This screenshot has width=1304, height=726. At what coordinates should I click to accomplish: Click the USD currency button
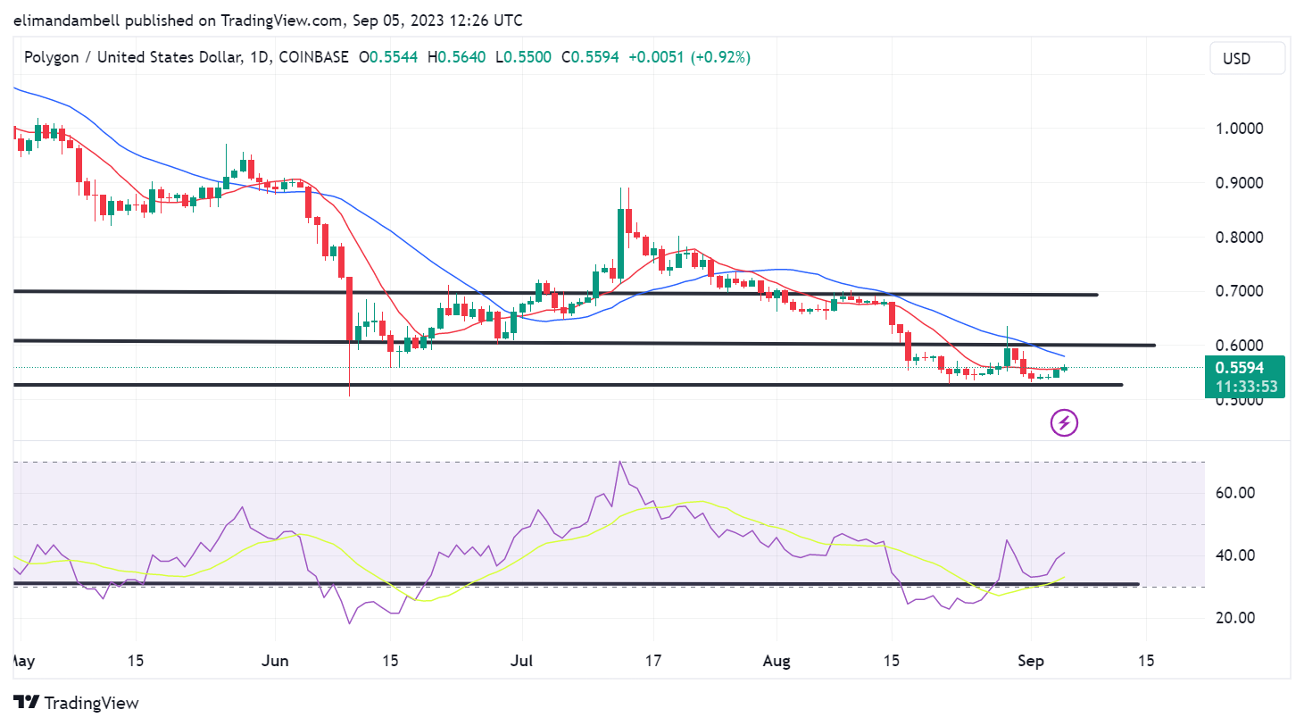[1247, 58]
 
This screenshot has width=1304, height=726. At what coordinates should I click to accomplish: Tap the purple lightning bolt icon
[1064, 422]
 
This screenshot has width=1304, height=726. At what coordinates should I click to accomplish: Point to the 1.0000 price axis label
[1240, 128]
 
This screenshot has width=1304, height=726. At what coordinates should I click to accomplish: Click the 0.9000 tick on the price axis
[1240, 182]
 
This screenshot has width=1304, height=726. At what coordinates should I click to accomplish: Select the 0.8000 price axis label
[1240, 237]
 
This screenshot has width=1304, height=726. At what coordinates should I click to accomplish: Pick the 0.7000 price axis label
[1240, 291]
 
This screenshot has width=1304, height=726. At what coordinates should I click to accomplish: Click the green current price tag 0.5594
[1243, 368]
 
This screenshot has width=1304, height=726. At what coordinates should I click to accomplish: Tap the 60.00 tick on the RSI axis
[1235, 492]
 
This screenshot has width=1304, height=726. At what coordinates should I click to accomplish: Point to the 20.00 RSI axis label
[1235, 617]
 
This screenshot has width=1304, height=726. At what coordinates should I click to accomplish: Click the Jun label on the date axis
[275, 661]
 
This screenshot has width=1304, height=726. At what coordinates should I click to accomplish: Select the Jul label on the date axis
[521, 661]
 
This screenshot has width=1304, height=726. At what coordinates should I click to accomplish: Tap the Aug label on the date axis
[777, 661]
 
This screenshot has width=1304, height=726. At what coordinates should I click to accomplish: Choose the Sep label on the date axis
[1031, 661]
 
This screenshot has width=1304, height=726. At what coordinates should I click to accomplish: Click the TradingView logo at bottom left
[77, 703]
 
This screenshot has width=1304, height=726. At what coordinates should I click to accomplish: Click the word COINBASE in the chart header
[313, 57]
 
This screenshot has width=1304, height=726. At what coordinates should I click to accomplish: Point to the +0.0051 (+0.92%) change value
[689, 57]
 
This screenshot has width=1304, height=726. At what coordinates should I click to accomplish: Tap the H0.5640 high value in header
[457, 57]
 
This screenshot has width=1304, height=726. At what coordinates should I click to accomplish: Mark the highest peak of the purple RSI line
[620, 462]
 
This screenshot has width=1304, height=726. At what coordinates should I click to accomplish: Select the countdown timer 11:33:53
[1246, 387]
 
